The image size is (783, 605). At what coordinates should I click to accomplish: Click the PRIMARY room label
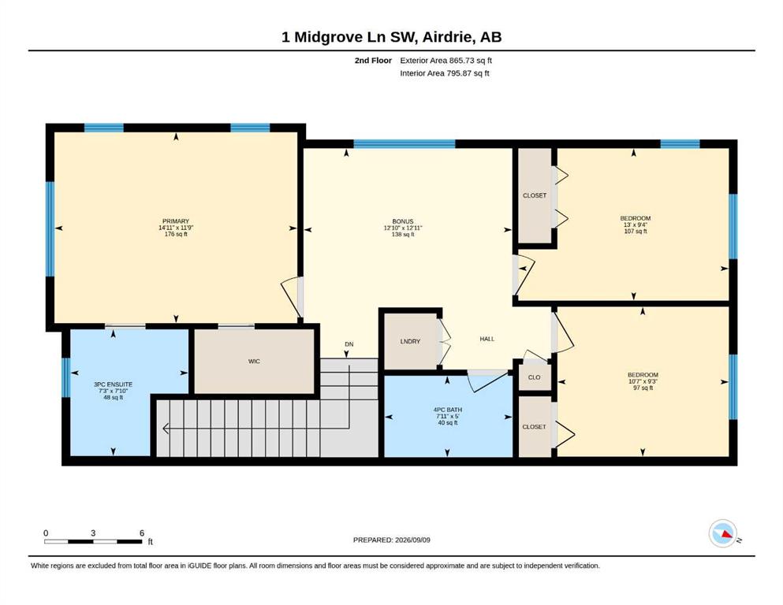click(176, 221)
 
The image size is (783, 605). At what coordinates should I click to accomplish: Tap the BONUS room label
click(402, 221)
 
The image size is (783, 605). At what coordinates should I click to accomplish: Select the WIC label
click(254, 361)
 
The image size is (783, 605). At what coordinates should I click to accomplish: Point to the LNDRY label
click(410, 341)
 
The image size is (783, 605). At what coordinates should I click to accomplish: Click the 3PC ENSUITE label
click(114, 384)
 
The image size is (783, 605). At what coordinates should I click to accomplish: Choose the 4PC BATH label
click(447, 410)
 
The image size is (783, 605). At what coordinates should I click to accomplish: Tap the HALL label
click(487, 339)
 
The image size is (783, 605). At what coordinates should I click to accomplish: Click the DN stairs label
click(349, 344)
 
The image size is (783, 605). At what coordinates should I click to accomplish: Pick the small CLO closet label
click(535, 377)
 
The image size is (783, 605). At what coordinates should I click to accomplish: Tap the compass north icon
click(723, 533)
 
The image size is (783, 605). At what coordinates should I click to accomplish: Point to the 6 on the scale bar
click(142, 533)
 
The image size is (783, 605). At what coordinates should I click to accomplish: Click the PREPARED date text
click(391, 540)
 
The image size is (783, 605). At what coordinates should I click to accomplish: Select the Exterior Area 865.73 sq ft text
click(446, 61)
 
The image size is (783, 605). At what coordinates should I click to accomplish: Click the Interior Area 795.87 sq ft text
click(445, 72)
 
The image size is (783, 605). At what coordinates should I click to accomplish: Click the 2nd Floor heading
click(373, 61)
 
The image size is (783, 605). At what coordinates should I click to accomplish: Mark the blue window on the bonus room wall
click(405, 144)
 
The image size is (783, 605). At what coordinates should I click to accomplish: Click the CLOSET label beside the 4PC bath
click(535, 427)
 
